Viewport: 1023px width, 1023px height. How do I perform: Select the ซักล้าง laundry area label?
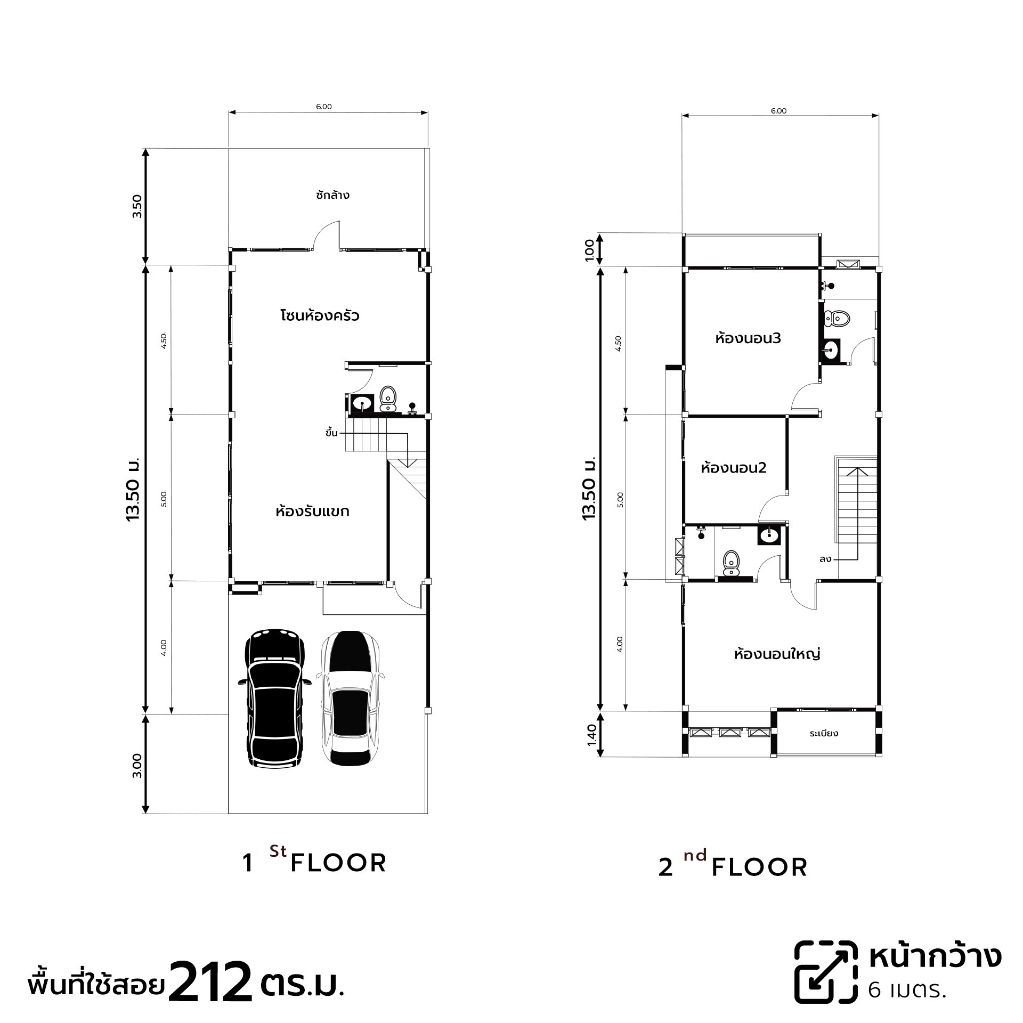pos(332,194)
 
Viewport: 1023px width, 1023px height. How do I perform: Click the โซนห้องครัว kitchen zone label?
pos(320,315)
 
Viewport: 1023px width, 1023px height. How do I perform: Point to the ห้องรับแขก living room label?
pos(312,511)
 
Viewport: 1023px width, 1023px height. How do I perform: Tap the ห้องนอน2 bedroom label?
pos(734,468)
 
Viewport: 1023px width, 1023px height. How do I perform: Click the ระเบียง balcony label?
pos(824,733)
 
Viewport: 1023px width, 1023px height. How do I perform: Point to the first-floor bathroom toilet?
pos(388,399)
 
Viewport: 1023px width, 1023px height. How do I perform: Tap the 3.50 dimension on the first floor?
pos(137,206)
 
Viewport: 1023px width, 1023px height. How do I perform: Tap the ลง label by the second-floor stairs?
pos(826,559)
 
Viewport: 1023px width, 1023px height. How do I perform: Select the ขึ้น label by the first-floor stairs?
pos(331,432)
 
